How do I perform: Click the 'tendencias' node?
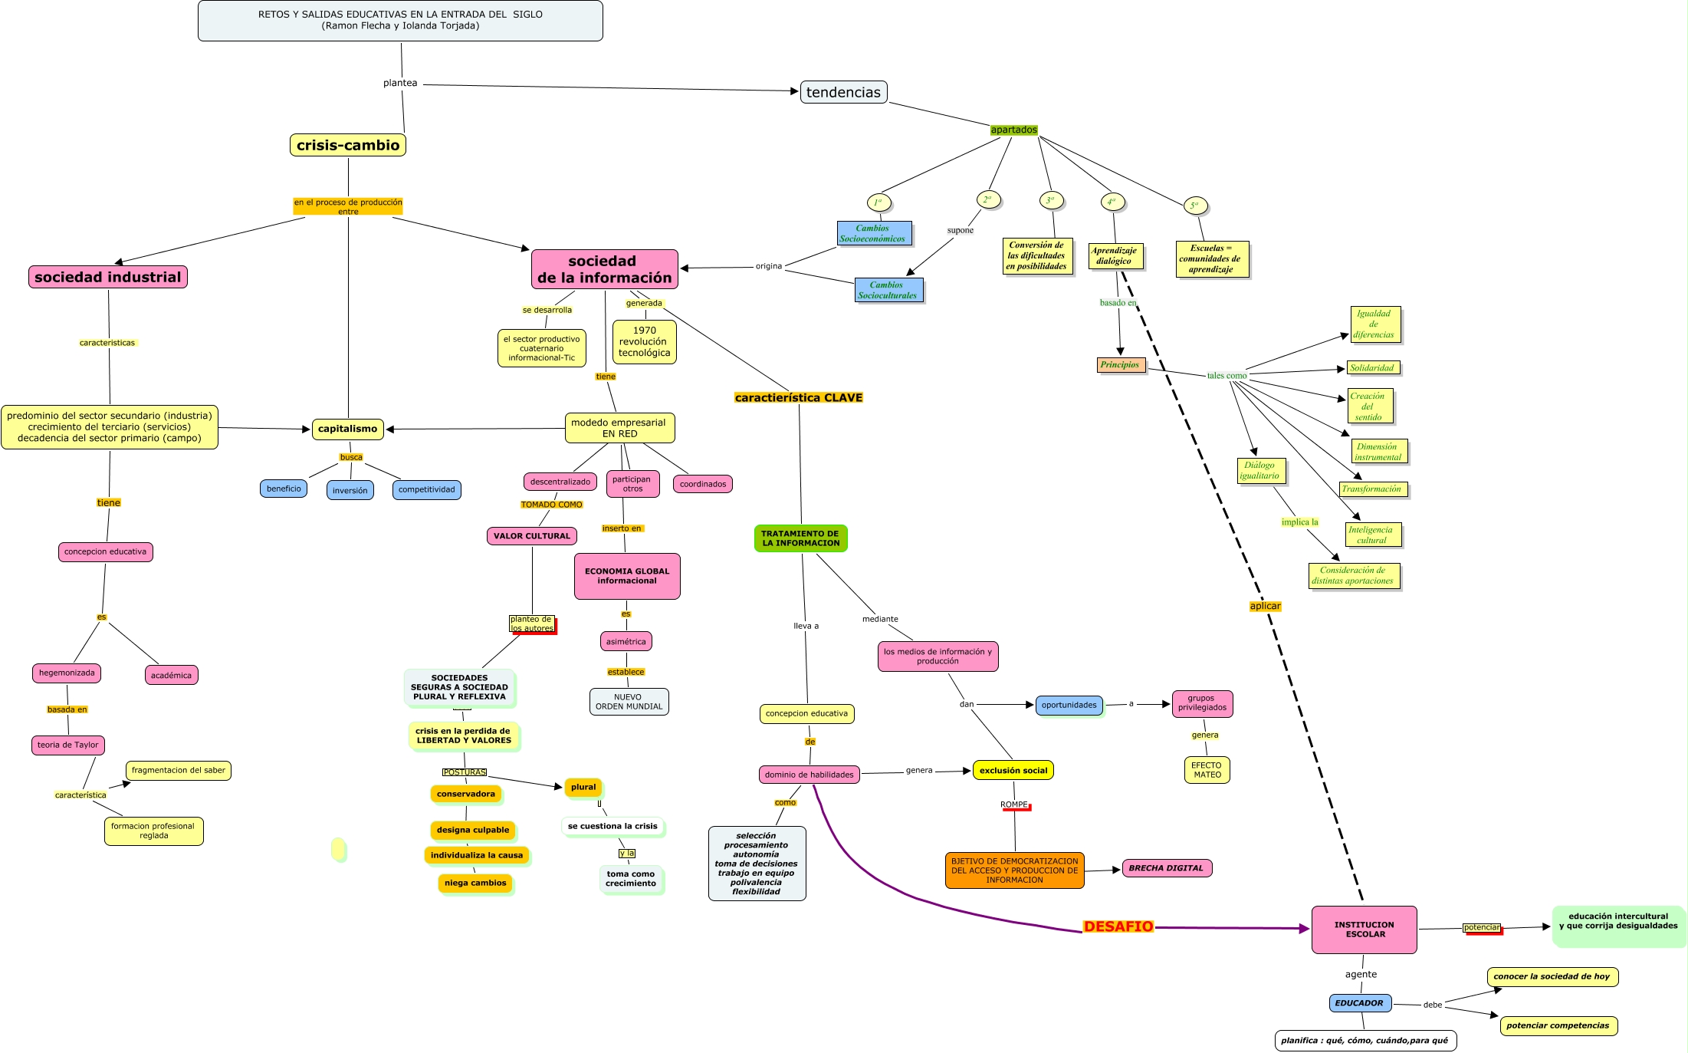click(x=843, y=92)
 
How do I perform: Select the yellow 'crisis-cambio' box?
click(x=348, y=145)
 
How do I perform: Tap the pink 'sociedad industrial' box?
click(x=108, y=277)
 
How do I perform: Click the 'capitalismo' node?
click(x=347, y=429)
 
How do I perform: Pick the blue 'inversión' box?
click(x=350, y=490)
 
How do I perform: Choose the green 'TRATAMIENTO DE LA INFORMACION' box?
click(x=800, y=538)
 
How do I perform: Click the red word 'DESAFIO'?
click(x=1118, y=926)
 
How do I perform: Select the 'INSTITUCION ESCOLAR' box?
click(x=1364, y=930)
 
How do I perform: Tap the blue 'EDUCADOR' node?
click(x=1359, y=1003)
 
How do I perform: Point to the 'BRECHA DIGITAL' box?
click(x=1166, y=868)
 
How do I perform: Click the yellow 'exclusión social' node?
click(x=1013, y=770)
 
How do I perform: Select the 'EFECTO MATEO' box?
click(x=1207, y=770)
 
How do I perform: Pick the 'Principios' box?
click(x=1120, y=365)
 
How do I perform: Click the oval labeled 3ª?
click(x=1051, y=201)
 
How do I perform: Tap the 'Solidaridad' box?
click(x=1372, y=368)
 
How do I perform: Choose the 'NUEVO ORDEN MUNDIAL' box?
click(x=629, y=702)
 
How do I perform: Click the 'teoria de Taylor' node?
click(x=68, y=745)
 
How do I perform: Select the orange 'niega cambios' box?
click(x=475, y=883)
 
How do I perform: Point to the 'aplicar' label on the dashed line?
click(x=1265, y=606)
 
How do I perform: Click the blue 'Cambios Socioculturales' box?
click(x=888, y=290)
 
